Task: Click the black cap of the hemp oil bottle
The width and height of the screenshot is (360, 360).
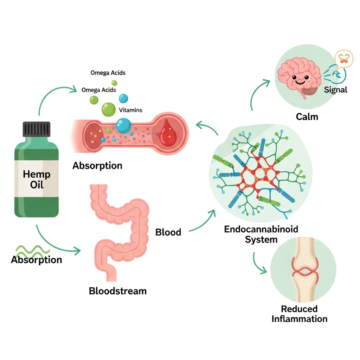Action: click(x=37, y=129)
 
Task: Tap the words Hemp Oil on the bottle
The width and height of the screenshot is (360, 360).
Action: click(x=37, y=179)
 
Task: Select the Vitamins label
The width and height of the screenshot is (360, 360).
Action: click(x=130, y=110)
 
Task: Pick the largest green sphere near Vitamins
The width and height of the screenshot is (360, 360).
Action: click(x=108, y=109)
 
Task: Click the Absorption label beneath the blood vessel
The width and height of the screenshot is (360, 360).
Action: click(x=97, y=166)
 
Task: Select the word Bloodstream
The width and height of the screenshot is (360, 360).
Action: click(x=118, y=291)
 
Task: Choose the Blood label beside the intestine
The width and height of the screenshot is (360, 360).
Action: click(x=168, y=232)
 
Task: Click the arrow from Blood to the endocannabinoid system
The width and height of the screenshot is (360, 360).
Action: click(x=202, y=221)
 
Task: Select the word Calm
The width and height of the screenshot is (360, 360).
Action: click(x=307, y=116)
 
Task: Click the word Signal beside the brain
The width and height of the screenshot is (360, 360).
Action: click(x=335, y=90)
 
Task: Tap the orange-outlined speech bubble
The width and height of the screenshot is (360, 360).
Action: click(x=343, y=59)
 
